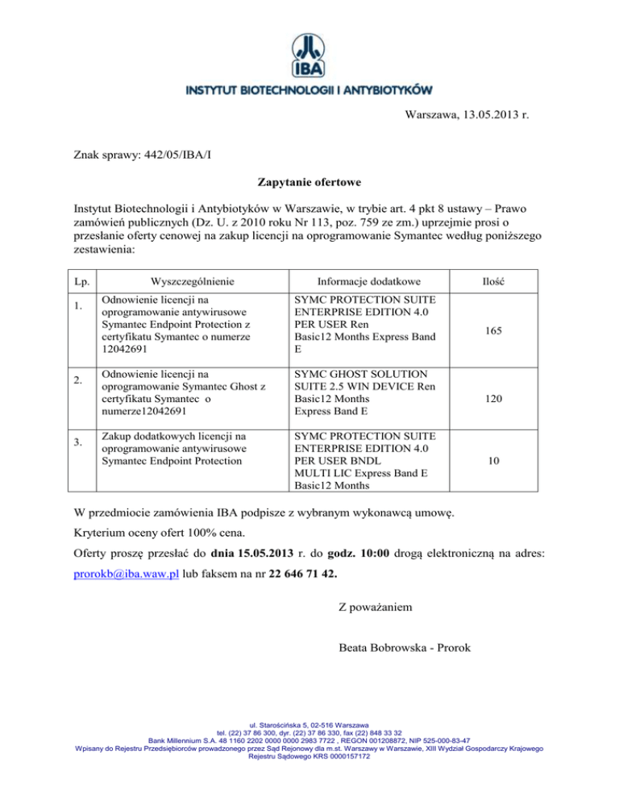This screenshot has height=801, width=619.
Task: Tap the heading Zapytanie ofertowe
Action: coord(309,184)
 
